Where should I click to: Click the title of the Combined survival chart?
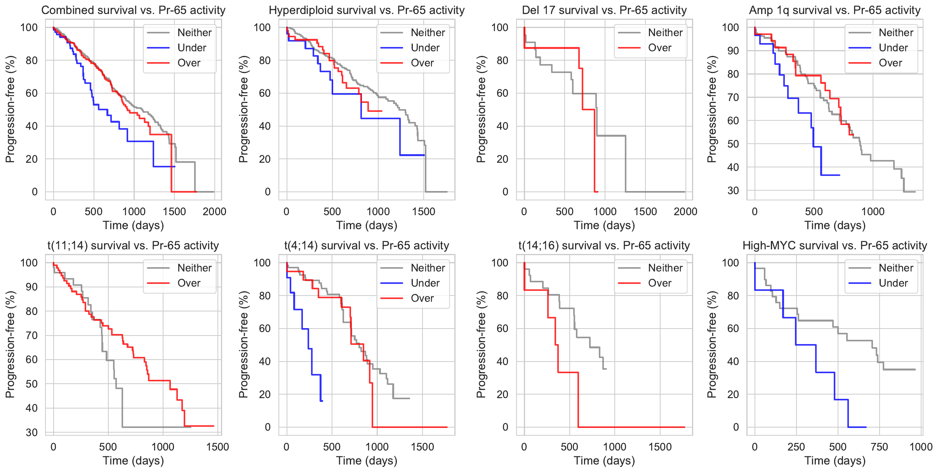click(133, 10)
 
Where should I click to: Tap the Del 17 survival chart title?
click(604, 10)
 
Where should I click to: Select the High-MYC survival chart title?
click(835, 245)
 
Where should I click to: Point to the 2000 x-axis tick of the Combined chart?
click(214, 212)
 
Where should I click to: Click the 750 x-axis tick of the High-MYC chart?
click(879, 447)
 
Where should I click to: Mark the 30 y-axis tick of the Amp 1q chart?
click(733, 191)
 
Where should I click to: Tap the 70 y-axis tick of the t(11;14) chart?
click(32, 336)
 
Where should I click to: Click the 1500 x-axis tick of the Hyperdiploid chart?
click(424, 212)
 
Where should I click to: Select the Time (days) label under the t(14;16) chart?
click(604, 461)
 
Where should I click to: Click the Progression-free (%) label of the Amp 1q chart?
click(711, 109)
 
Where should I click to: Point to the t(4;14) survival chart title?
click(367, 245)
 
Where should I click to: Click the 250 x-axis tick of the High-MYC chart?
click(796, 447)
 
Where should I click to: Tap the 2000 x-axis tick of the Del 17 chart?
click(685, 212)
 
